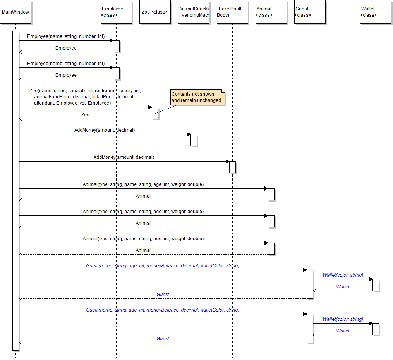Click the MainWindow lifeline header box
15,12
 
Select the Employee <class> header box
116,12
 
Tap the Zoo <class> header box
155,12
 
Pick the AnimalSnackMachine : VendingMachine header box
194,12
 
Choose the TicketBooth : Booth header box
232,12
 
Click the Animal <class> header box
271,12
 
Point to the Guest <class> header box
310,12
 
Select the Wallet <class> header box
376,12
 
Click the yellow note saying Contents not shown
197,97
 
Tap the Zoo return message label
85,115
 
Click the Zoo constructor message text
85,97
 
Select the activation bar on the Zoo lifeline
155,113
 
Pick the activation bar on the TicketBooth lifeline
232,167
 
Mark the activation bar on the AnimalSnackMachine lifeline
194,140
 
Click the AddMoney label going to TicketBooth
124,157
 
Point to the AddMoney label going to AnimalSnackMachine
105,130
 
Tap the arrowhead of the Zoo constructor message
150,107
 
